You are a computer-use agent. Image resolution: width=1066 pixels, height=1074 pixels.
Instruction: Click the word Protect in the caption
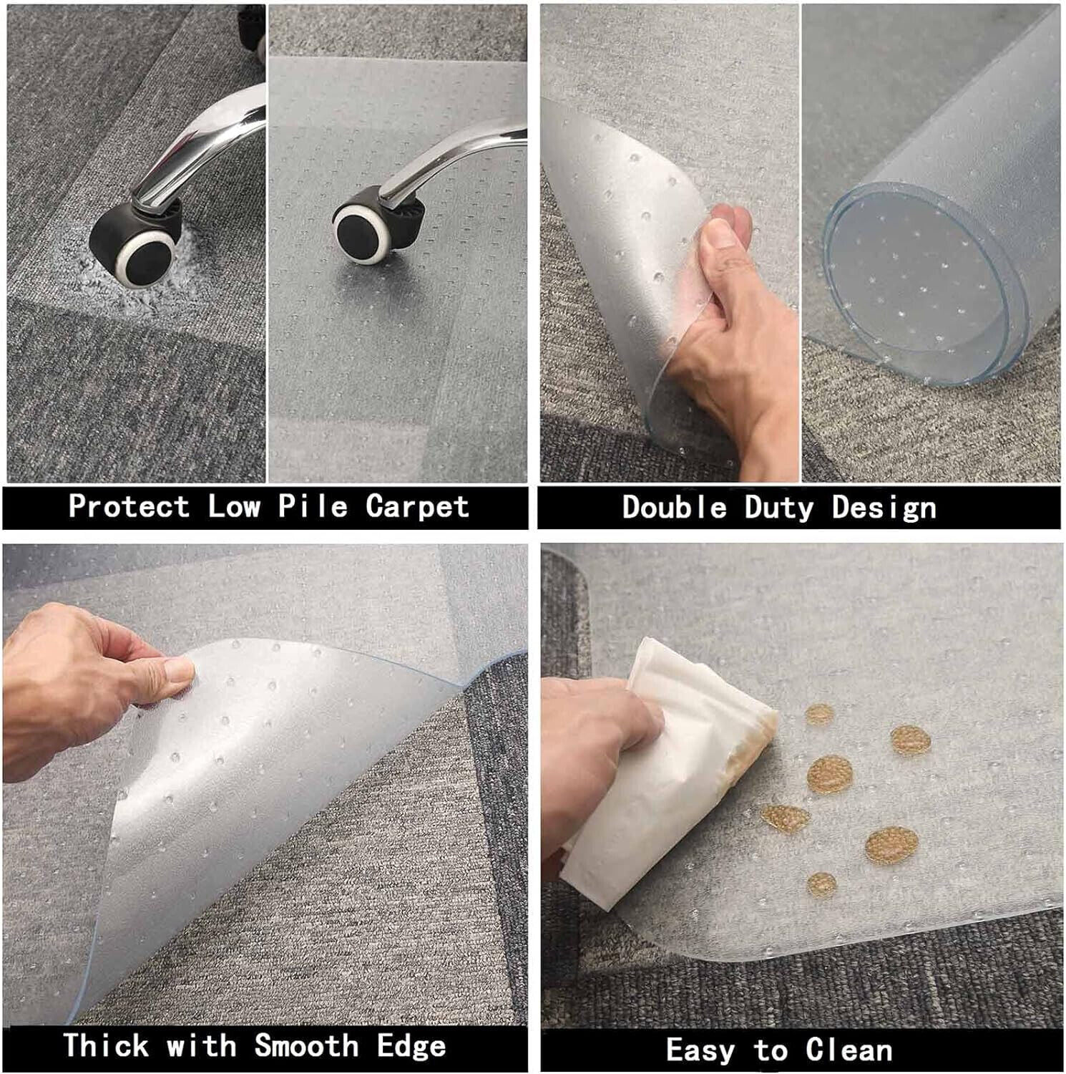[129, 506]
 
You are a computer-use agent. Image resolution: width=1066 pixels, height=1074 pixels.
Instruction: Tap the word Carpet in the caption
[417, 506]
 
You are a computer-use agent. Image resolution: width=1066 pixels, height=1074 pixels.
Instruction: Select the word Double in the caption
[674, 508]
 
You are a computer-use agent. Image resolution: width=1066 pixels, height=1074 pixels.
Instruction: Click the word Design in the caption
[884, 508]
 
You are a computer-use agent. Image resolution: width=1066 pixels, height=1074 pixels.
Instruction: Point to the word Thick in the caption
[107, 1045]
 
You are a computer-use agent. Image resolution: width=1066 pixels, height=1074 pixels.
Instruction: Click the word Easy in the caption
[700, 1050]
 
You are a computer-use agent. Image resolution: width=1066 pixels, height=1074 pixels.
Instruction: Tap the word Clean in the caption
[849, 1050]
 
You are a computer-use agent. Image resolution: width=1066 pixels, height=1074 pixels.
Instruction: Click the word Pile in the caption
[313, 506]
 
